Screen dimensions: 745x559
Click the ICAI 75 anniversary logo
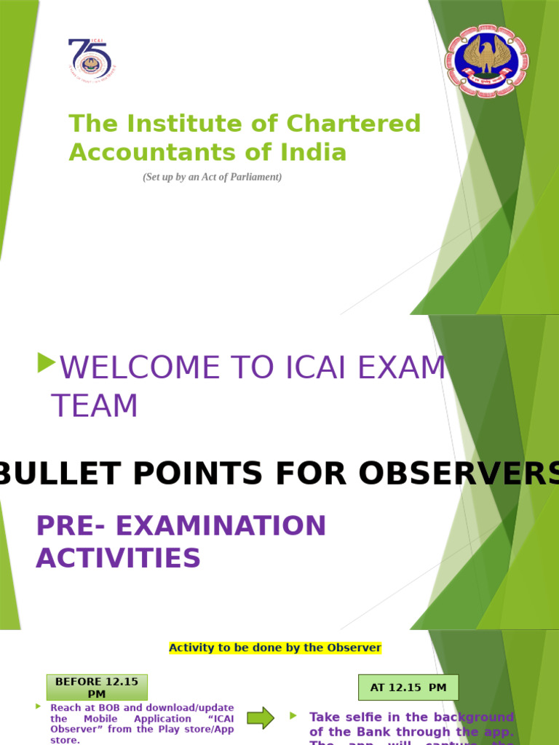(x=91, y=60)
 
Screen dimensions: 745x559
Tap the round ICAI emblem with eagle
(x=487, y=62)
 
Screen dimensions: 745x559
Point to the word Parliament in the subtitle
(x=256, y=177)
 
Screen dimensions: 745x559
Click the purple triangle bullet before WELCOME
(x=46, y=362)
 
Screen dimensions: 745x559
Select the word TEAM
(x=95, y=406)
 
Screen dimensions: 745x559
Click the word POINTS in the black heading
(x=203, y=474)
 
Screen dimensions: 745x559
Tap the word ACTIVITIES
(x=118, y=558)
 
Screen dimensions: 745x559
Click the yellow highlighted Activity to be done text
(x=275, y=648)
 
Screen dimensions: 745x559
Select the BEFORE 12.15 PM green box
(x=97, y=688)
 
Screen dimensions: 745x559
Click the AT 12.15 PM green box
(x=408, y=688)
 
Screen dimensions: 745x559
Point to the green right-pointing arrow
(x=261, y=719)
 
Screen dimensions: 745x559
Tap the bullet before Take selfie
(x=293, y=716)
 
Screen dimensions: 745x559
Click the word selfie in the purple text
(x=370, y=717)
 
